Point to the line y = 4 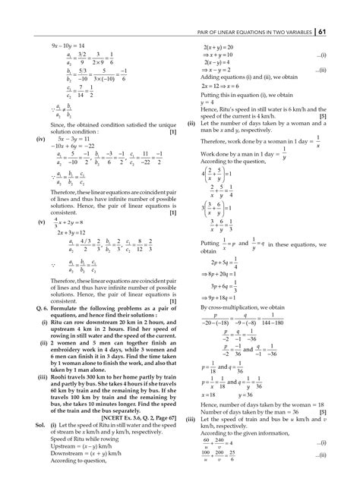(x=207, y=101)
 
